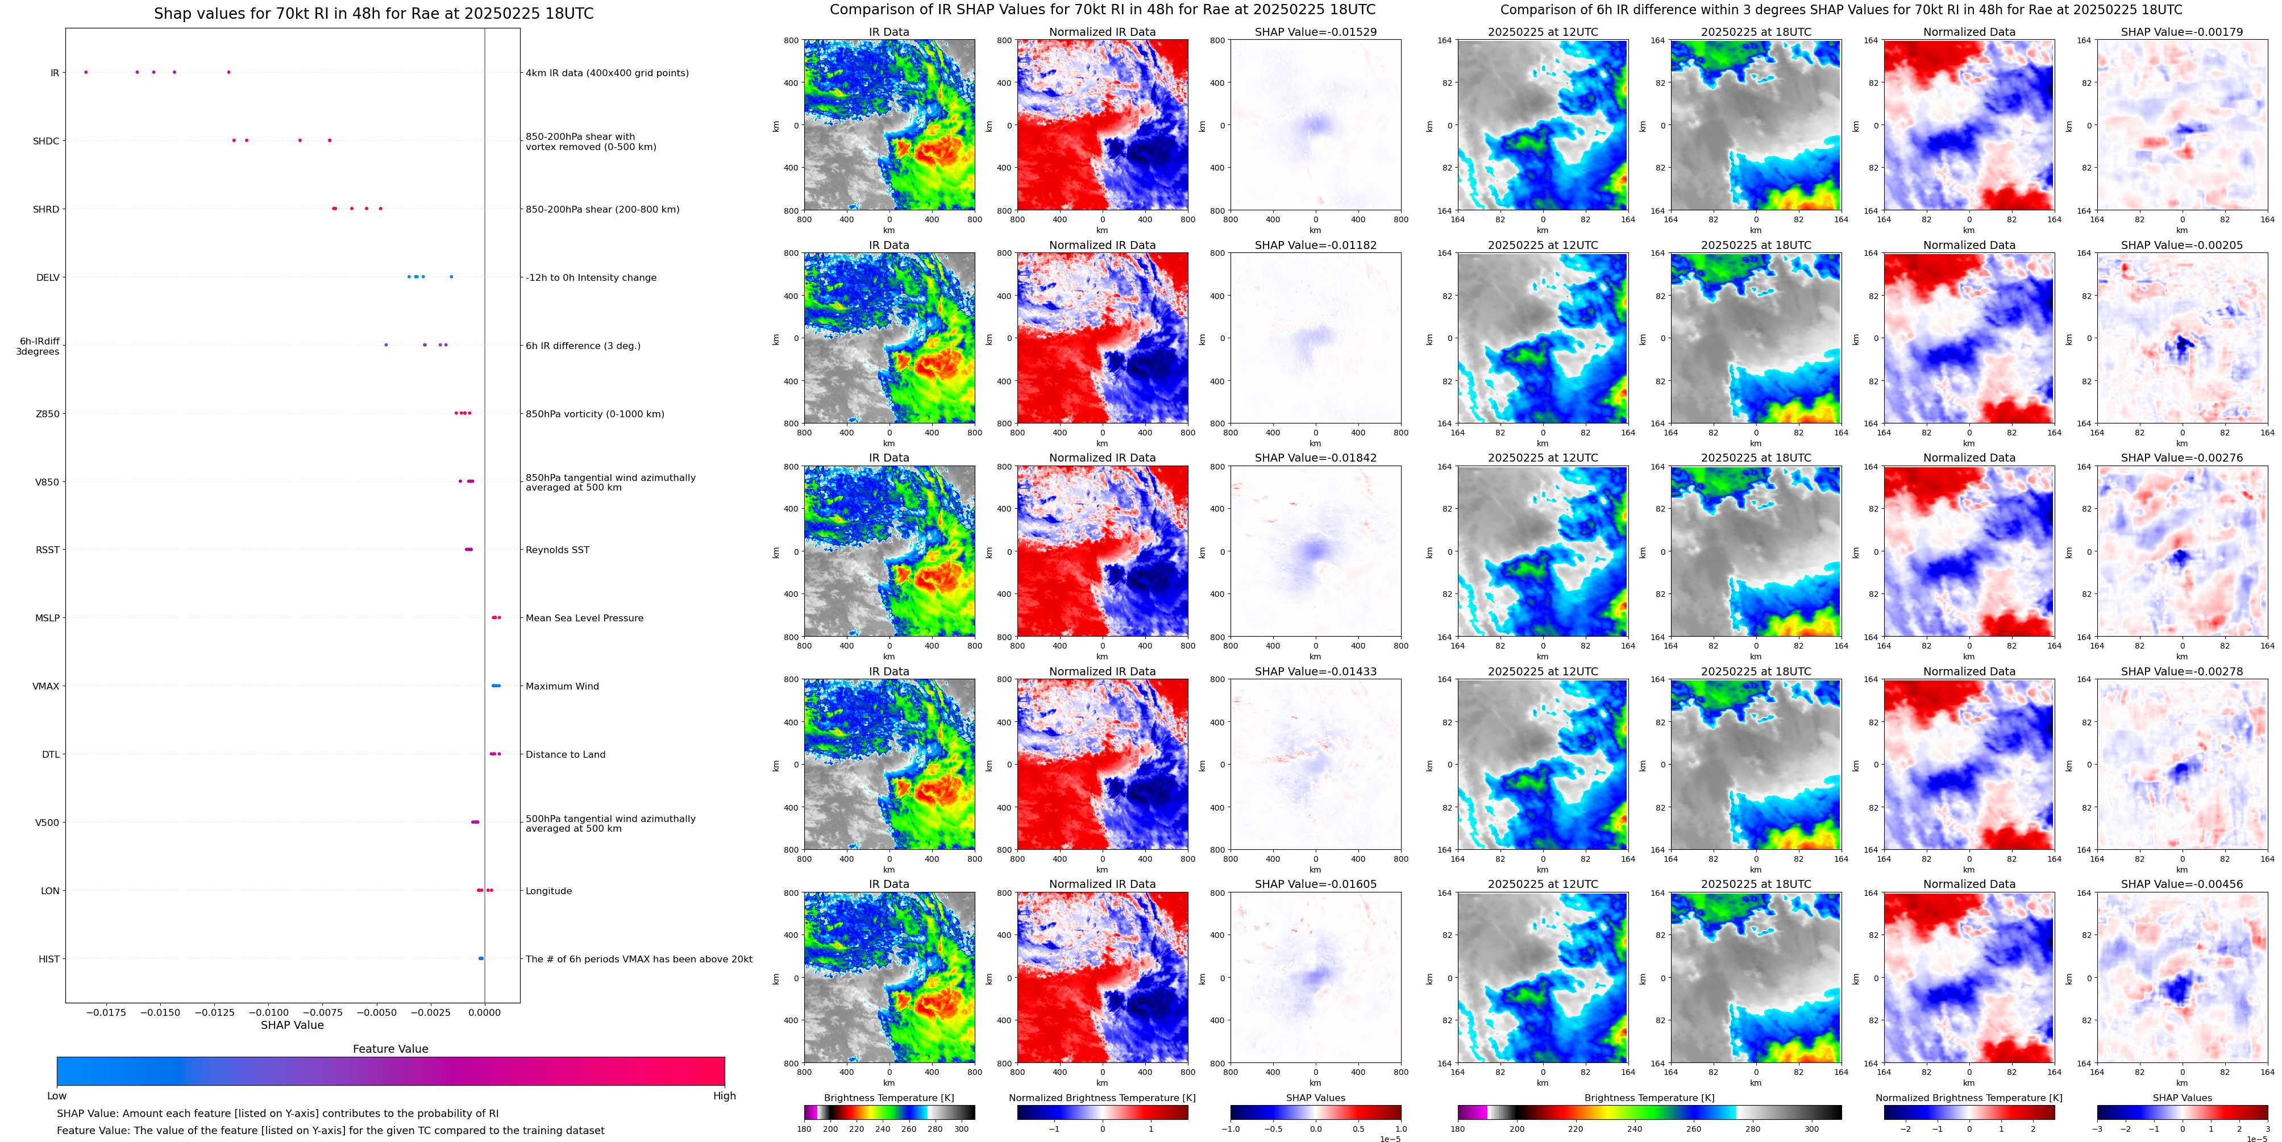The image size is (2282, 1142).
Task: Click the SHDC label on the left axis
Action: [x=46, y=141]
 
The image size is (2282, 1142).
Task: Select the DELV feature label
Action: [x=48, y=277]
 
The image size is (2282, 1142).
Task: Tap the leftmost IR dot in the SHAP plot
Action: [x=86, y=72]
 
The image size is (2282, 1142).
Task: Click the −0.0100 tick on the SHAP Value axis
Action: [x=271, y=1012]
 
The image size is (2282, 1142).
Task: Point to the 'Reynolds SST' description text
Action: [x=557, y=550]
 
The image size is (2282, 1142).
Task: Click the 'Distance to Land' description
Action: [x=565, y=755]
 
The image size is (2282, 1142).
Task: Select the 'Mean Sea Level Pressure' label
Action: [x=584, y=618]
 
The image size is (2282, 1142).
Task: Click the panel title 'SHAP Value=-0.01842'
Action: [x=1316, y=458]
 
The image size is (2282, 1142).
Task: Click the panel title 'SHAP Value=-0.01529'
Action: [x=1316, y=32]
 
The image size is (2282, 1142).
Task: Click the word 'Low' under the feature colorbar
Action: [x=57, y=1096]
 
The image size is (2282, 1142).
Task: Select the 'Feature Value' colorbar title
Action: [x=390, y=1049]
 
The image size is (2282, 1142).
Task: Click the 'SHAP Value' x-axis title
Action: [x=292, y=1025]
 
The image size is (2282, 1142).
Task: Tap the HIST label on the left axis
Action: [x=49, y=960]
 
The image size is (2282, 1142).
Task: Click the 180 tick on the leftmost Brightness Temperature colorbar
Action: [x=804, y=1129]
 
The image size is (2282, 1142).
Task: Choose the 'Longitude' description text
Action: [x=548, y=891]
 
